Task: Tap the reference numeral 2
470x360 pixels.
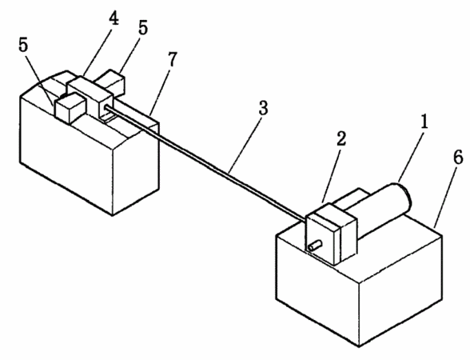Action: [x=341, y=139]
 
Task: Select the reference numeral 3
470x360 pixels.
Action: [x=263, y=108]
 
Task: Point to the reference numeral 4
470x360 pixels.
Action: [x=114, y=18]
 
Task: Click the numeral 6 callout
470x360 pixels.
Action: [x=457, y=157]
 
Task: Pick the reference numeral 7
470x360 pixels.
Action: [x=173, y=59]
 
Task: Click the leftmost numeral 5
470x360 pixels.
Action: [x=22, y=46]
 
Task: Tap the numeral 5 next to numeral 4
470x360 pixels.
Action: [x=143, y=27]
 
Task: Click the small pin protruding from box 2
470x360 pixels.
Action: [x=315, y=246]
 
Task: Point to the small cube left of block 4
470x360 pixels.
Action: [x=71, y=108]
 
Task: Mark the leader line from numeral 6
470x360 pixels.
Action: [x=445, y=196]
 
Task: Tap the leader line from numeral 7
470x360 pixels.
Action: [x=160, y=92]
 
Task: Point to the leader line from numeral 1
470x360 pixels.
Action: [x=410, y=156]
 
